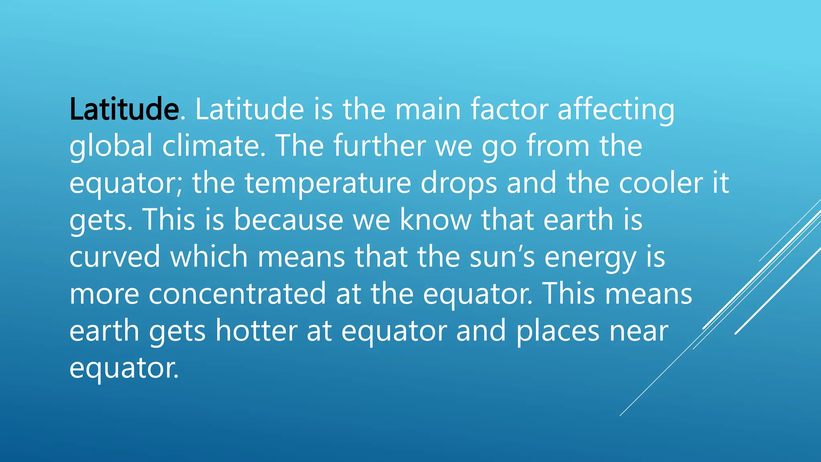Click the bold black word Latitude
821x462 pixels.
coord(124,109)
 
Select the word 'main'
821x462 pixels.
coord(428,109)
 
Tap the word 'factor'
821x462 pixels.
coord(509,109)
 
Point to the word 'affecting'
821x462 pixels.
coord(616,109)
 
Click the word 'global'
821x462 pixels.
coord(111,146)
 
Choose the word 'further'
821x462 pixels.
coord(379,146)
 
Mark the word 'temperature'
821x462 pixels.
coord(328,183)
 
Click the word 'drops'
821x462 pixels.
coord(459,183)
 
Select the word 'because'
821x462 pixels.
coord(288,220)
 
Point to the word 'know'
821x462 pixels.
coord(436,220)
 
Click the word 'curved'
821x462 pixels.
coord(115,257)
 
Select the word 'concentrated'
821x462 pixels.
coord(237,294)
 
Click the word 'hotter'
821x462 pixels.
coord(256,330)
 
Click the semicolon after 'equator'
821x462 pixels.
coord(179,185)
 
